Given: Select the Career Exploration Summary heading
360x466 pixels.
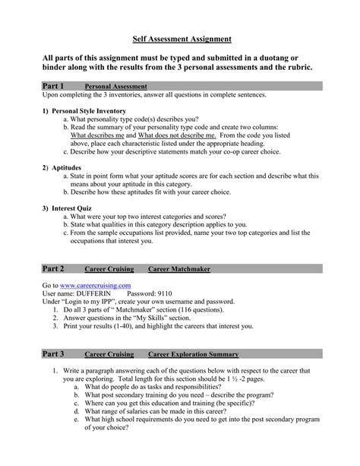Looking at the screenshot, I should coord(193,355).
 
